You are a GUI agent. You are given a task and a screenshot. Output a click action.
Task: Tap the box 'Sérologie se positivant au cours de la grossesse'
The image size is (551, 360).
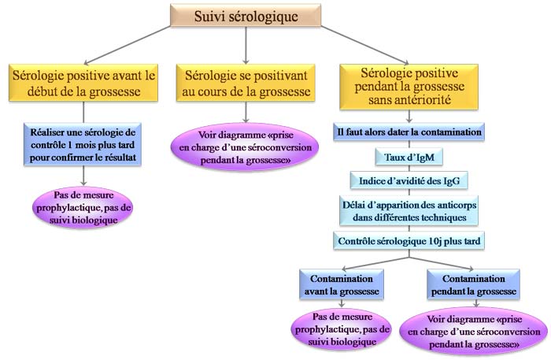[246, 82]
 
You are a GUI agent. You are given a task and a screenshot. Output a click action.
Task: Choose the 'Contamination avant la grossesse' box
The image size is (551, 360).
[341, 284]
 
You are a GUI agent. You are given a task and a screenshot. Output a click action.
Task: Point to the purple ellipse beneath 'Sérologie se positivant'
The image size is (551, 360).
[246, 145]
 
